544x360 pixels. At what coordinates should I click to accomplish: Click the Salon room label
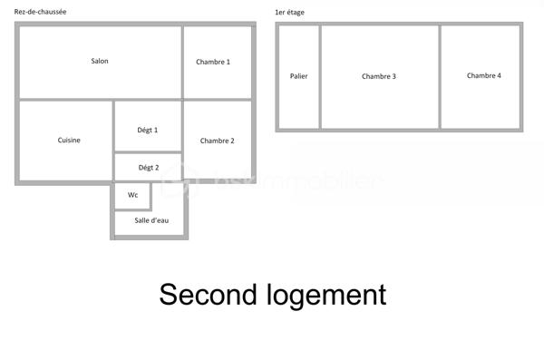(100, 62)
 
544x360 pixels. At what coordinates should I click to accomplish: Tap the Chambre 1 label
(213, 62)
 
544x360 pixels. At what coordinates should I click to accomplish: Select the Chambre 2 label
(218, 141)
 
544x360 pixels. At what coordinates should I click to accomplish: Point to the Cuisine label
(69, 141)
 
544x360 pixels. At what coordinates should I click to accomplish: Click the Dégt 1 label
(148, 131)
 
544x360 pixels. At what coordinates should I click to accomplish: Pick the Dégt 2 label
(148, 168)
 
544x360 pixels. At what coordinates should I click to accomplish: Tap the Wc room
(132, 195)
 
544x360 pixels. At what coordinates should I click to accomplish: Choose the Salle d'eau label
(151, 220)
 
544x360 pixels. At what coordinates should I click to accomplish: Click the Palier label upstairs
(298, 76)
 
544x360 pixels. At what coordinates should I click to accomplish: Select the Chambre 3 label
(378, 76)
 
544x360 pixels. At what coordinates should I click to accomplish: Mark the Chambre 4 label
(483, 76)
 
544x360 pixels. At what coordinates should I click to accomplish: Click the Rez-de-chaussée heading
(40, 12)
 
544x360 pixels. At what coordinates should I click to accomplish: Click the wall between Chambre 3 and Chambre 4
(440, 76)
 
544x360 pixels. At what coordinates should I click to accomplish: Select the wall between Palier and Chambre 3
(319, 76)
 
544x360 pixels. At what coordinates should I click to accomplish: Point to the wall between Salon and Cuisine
(63, 100)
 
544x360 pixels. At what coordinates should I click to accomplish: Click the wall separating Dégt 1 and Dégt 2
(148, 153)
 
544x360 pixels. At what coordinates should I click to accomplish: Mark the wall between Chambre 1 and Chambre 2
(218, 100)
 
